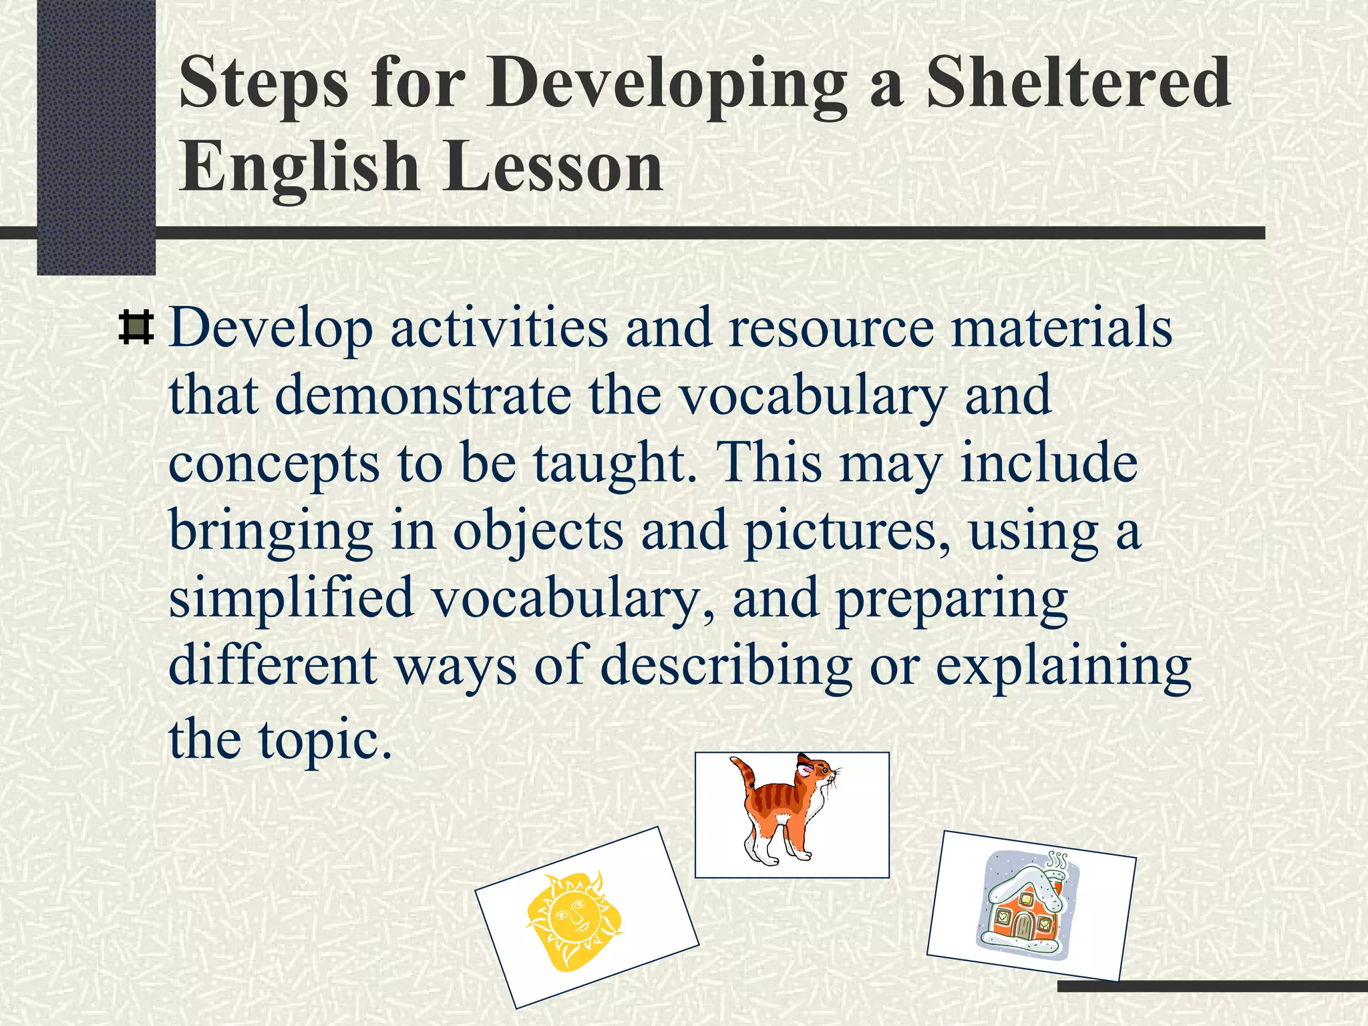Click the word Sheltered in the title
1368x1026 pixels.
click(1077, 83)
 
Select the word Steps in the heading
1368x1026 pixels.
click(263, 83)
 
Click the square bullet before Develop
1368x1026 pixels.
click(136, 328)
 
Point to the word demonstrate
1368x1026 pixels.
click(423, 395)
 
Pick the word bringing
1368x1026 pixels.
click(271, 531)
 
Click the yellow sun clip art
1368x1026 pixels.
click(575, 920)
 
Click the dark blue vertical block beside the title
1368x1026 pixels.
click(96, 134)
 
